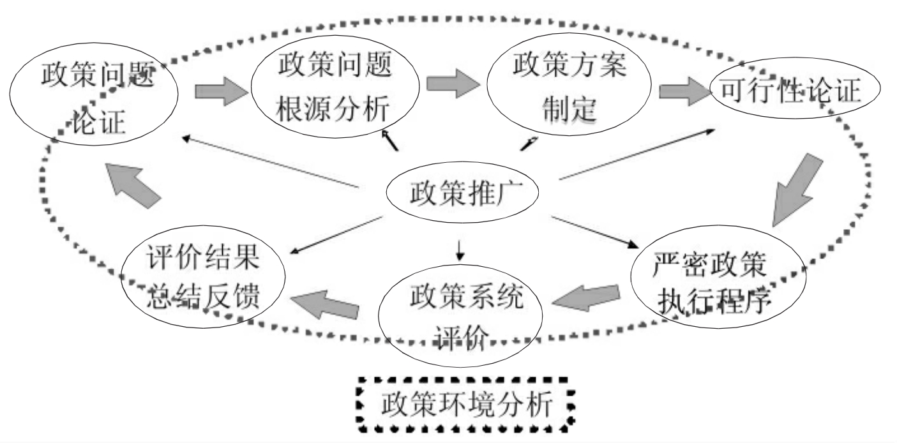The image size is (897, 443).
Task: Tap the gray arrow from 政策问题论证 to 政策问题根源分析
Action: (x=220, y=91)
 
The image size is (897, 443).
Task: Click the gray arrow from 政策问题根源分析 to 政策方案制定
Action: (x=453, y=84)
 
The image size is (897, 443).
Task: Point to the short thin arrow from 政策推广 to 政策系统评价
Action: (x=460, y=251)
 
